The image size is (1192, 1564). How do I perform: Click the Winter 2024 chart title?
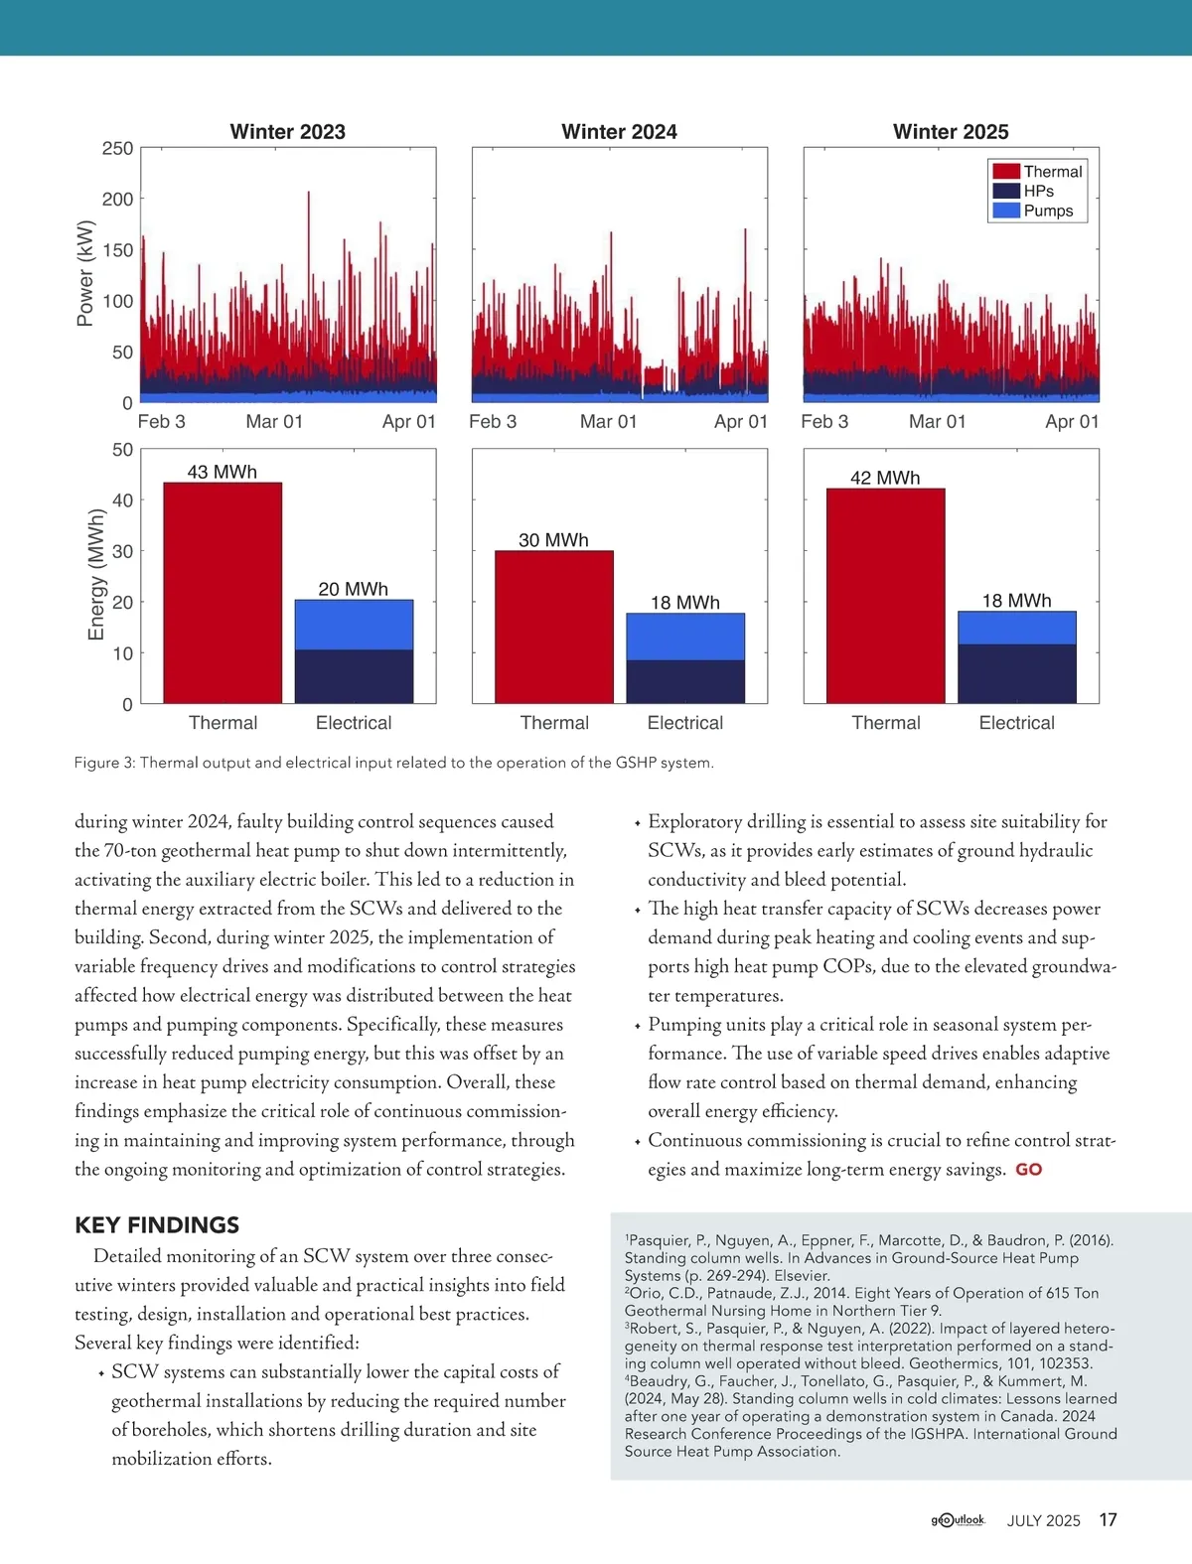tap(619, 132)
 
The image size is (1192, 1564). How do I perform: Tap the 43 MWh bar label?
tap(223, 472)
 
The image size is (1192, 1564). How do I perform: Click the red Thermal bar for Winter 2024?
tap(554, 627)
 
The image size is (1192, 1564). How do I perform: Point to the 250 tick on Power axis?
tap(117, 149)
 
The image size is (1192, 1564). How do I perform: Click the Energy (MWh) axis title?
tap(96, 575)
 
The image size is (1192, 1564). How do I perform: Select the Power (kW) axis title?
tap(85, 273)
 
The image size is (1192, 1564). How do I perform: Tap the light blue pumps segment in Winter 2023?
tap(354, 625)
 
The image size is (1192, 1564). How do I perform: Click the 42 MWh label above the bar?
tap(885, 478)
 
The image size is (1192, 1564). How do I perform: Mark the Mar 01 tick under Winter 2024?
tap(608, 422)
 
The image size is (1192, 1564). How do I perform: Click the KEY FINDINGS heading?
tap(157, 1224)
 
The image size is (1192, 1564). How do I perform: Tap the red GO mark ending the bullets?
tap(1028, 1170)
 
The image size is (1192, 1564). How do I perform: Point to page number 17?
tap(1108, 1519)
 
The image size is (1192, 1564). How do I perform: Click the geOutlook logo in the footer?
tap(958, 1519)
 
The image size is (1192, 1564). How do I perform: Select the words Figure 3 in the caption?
tap(103, 763)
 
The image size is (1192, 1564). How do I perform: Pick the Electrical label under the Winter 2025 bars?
tap(1016, 723)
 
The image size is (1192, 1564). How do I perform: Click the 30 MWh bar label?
tap(553, 540)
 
